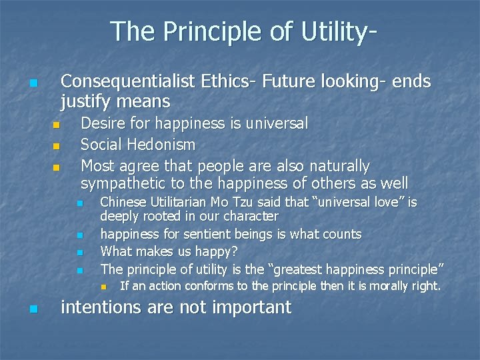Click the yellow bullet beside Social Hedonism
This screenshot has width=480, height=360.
coord(56,145)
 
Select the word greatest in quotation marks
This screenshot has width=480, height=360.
coord(295,269)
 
